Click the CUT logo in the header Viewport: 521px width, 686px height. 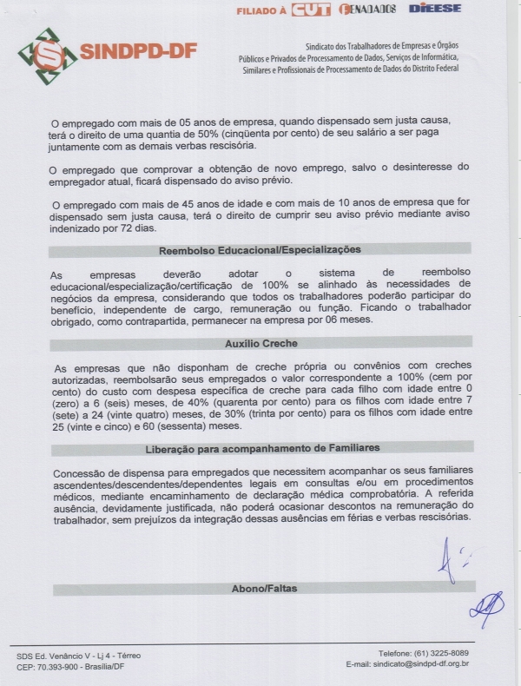311,10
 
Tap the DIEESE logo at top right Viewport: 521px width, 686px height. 434,8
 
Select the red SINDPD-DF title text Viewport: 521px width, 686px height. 138,52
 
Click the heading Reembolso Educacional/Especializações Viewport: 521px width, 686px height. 259,250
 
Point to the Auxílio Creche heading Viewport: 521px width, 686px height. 260,343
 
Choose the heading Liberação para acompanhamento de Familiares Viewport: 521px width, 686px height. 260,448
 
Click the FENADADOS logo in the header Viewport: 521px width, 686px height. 367,10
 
